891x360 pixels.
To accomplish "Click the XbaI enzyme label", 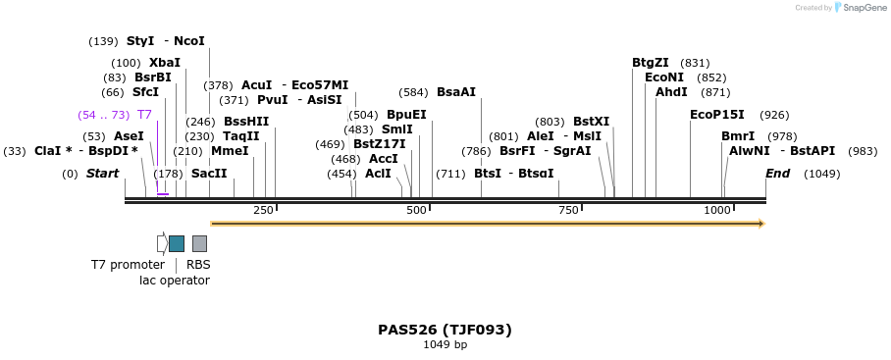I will coord(165,63).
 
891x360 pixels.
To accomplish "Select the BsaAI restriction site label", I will coord(456,92).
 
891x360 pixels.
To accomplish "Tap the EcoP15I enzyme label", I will coord(717,115).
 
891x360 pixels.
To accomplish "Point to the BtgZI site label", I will coord(651,63).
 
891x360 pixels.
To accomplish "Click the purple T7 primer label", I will coord(144,115).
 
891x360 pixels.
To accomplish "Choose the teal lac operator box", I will coord(177,243).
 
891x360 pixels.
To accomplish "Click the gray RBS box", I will coord(199,243).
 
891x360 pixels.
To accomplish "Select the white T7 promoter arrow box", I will coord(162,243).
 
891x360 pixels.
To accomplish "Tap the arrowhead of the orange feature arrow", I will coord(760,224).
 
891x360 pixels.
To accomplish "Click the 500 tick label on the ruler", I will coord(416,211).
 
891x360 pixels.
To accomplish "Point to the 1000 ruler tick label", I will coord(717,211).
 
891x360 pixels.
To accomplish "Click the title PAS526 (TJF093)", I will coord(445,330).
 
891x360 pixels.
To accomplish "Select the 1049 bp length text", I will coord(445,345).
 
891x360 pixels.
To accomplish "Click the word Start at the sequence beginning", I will coord(102,174).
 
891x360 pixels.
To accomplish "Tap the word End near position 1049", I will coord(778,174).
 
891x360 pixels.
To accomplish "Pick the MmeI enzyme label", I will coord(230,151).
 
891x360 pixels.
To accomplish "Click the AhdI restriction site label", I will coord(672,92).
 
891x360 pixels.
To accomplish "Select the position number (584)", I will coord(413,92).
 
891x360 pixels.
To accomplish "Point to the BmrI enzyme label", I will coord(738,136).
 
